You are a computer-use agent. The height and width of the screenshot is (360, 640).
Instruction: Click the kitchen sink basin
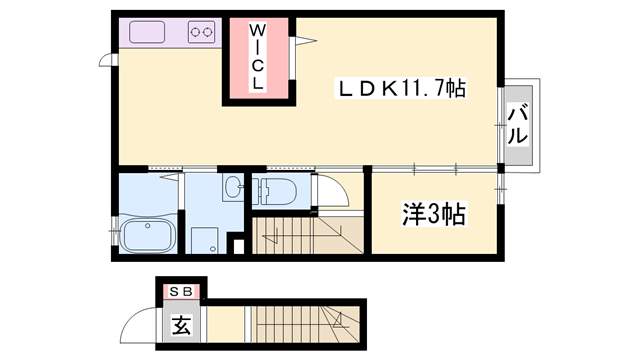coord(151,32)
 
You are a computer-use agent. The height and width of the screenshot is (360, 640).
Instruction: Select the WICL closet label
coord(257,59)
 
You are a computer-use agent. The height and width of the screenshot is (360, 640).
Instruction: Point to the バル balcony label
coord(517,124)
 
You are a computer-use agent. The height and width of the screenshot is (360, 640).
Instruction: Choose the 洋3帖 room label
coord(435,214)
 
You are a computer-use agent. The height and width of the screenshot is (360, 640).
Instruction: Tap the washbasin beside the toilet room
coord(232,187)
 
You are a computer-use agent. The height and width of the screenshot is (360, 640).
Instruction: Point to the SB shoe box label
coord(181,291)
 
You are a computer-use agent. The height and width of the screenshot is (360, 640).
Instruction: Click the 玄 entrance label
coord(181,325)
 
